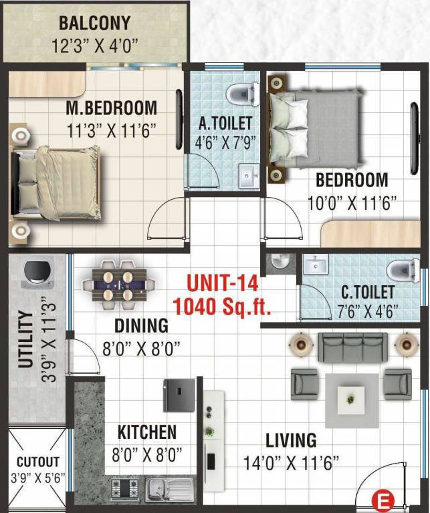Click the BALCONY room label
94,23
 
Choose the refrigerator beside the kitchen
179,395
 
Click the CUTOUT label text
37,462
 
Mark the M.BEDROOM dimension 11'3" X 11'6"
111,129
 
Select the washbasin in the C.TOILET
314,265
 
